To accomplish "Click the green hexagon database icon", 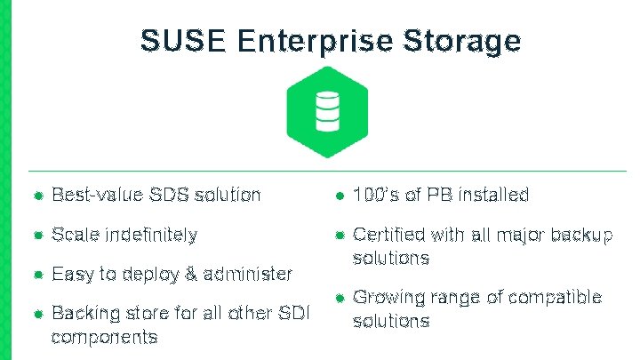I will pyautogui.click(x=326, y=111).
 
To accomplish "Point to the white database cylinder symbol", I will pyautogui.click(x=326, y=112).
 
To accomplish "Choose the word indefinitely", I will pyautogui.click(x=151, y=235).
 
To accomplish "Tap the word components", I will pyautogui.click(x=104, y=337).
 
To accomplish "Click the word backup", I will pyautogui.click(x=582, y=235).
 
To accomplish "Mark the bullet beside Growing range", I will pyautogui.click(x=339, y=298).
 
